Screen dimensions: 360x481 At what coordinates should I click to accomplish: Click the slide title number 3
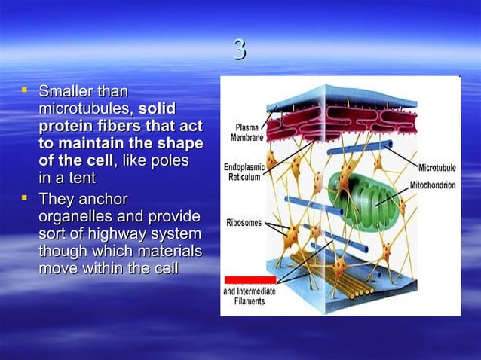240,50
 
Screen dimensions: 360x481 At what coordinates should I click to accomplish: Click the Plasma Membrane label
248,133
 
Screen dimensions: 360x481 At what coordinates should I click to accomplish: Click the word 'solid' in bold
158,110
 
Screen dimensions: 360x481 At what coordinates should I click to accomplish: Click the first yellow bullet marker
25,91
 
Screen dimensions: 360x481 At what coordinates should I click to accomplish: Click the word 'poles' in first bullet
170,162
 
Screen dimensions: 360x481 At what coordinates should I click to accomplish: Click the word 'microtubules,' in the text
86,110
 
